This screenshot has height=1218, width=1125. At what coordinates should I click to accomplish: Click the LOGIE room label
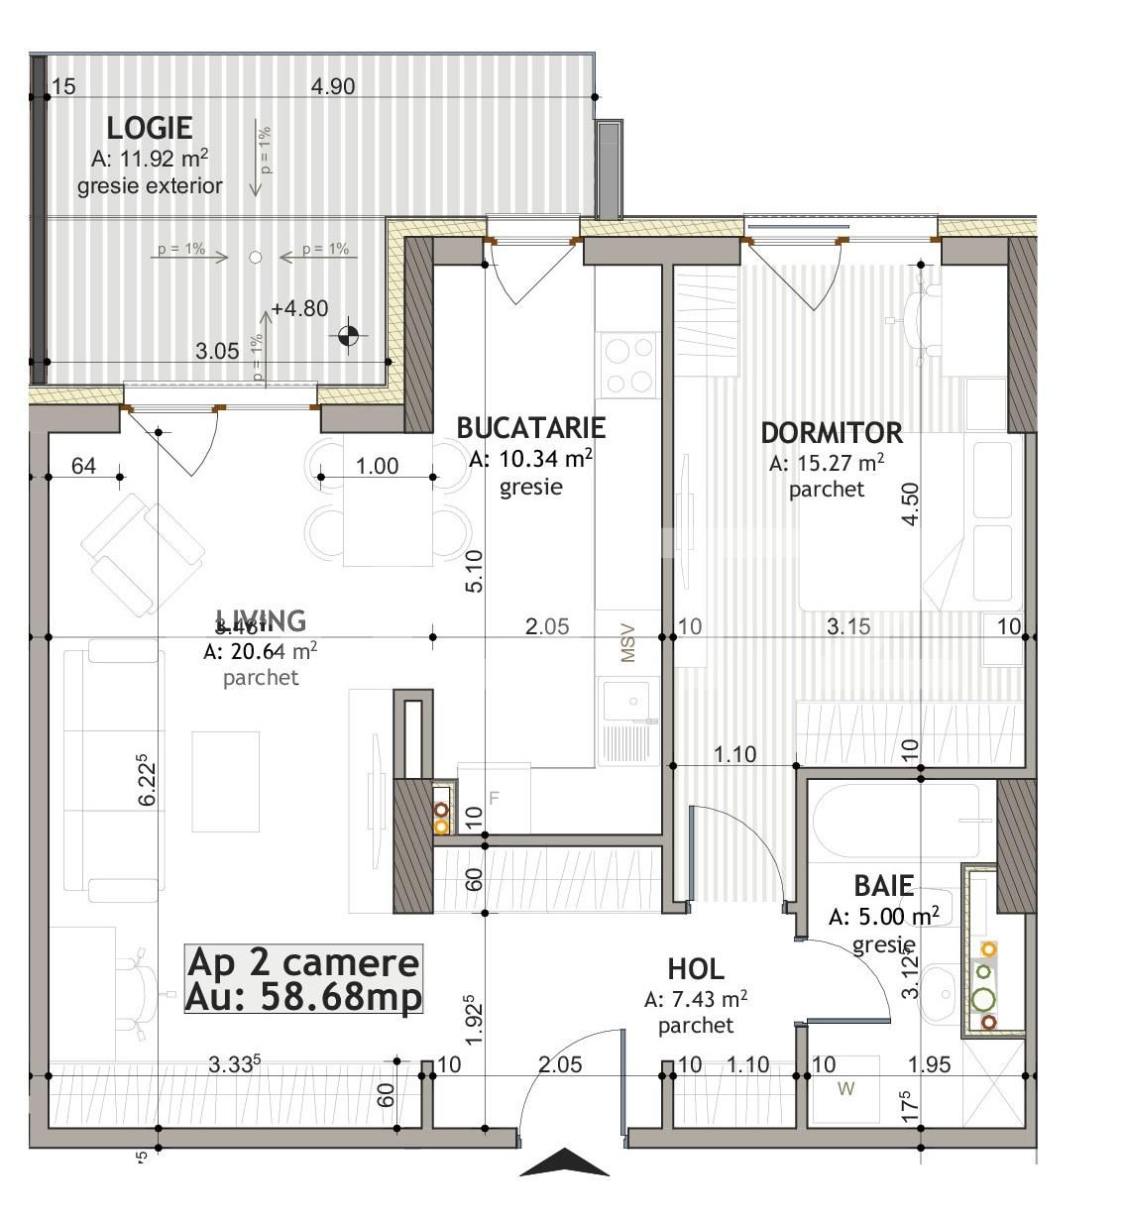click(x=149, y=128)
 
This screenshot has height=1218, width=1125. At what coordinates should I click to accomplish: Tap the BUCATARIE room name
click(x=530, y=427)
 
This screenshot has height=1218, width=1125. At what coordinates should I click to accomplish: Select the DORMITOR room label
click(x=832, y=433)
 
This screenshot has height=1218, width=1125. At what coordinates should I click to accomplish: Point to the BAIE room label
click(x=883, y=885)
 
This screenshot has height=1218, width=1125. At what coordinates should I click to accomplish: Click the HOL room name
click(x=695, y=968)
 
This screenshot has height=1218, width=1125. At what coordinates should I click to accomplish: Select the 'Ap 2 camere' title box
click(x=303, y=979)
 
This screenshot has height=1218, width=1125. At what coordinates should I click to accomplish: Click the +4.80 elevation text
click(x=299, y=308)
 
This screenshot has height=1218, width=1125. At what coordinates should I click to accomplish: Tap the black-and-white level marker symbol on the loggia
click(x=348, y=336)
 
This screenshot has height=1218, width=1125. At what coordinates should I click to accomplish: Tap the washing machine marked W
click(x=845, y=1090)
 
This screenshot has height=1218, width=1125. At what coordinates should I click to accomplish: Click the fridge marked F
click(x=495, y=798)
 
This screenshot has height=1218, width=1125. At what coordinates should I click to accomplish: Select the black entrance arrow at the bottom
click(x=564, y=1162)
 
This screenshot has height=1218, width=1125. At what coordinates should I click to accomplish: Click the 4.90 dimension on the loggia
click(x=333, y=86)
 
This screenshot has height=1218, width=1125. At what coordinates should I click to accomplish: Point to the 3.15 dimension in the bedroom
click(x=848, y=626)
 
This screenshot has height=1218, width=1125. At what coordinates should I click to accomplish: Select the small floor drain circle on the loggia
click(x=255, y=257)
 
